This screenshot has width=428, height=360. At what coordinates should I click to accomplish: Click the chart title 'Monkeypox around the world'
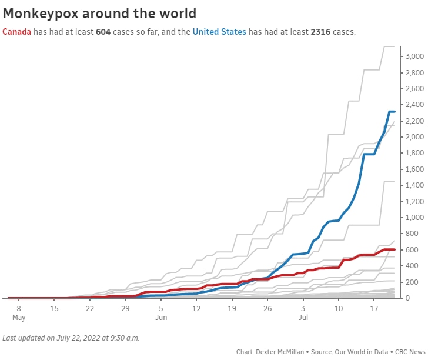(x=100, y=13)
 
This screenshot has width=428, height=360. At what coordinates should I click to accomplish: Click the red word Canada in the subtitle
(x=17, y=32)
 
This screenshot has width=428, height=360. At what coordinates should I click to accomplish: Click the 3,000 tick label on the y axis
(x=414, y=56)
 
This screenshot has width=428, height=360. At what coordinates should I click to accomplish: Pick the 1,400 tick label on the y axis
(x=414, y=185)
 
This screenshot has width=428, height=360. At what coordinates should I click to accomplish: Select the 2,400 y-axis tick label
(x=414, y=105)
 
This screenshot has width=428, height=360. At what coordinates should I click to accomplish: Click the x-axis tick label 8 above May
(x=18, y=308)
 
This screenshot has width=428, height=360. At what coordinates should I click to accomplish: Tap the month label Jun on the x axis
(x=161, y=318)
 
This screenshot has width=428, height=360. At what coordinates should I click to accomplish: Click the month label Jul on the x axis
(x=303, y=318)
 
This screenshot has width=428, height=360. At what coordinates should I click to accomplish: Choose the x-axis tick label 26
(x=267, y=308)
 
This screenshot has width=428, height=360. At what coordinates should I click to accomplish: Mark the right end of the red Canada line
(x=394, y=249)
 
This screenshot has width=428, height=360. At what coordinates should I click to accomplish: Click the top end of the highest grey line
(x=394, y=46)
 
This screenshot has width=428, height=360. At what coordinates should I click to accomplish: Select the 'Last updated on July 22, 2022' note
(x=71, y=338)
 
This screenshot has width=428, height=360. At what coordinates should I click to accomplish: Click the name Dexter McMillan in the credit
(x=279, y=352)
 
